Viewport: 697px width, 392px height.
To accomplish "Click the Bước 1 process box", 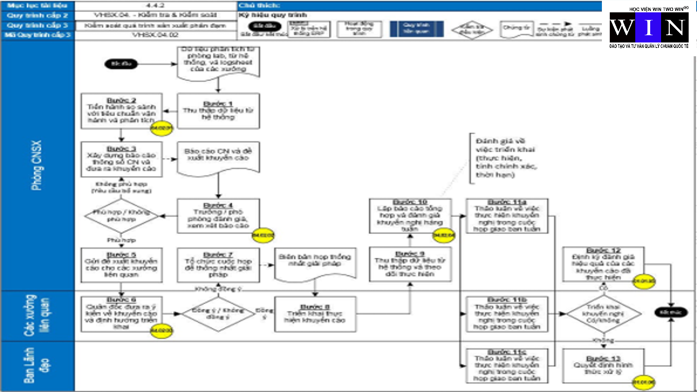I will [x=218, y=111].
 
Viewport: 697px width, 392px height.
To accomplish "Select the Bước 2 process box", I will [x=122, y=111].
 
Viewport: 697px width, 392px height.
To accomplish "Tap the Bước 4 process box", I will [x=218, y=216].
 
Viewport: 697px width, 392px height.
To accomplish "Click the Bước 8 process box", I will [x=315, y=314].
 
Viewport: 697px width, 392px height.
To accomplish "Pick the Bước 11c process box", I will [x=507, y=366].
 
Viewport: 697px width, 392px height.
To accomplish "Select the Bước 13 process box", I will [x=603, y=366].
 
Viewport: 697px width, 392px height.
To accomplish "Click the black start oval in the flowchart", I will [x=121, y=64].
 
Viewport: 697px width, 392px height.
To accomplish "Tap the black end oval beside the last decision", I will [x=671, y=312].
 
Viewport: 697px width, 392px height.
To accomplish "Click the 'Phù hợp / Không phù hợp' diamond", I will [x=121, y=216].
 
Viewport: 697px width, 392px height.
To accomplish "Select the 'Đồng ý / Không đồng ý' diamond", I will [x=218, y=314].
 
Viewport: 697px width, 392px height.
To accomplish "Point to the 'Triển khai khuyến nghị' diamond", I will [x=603, y=314].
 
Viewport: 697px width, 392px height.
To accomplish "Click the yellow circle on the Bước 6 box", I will [x=161, y=331].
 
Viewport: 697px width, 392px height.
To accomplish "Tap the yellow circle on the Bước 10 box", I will [x=444, y=236].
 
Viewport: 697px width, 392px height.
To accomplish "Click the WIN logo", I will [x=649, y=28].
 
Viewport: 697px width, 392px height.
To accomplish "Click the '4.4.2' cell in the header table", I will [x=155, y=5].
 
